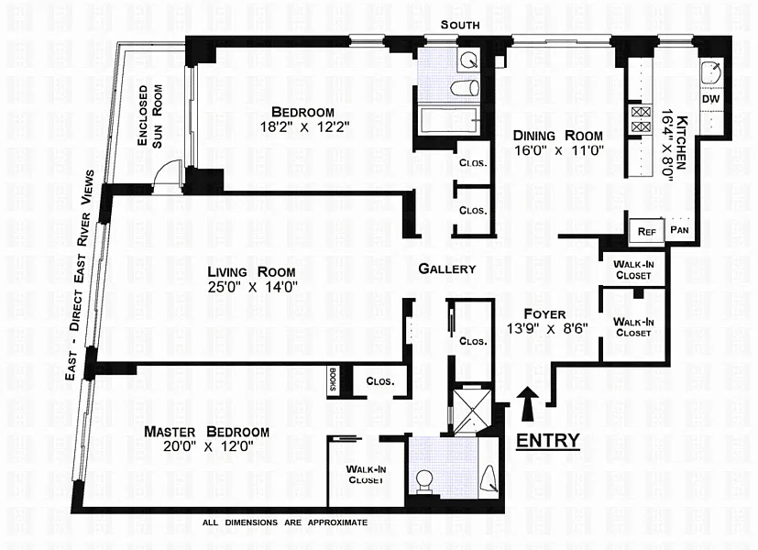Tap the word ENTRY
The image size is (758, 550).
[548, 441]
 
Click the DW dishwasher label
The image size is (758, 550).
[710, 99]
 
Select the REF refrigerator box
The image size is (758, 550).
[644, 231]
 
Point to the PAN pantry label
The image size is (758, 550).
[679, 230]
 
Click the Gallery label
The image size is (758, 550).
[446, 269]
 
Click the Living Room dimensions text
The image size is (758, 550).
[252, 287]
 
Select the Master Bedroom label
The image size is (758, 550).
[207, 432]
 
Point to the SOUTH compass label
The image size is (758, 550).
[459, 26]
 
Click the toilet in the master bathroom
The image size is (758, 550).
[424, 480]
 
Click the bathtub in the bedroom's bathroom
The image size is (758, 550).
[447, 120]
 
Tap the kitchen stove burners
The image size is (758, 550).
[640, 117]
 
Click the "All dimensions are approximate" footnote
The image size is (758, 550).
[284, 522]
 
